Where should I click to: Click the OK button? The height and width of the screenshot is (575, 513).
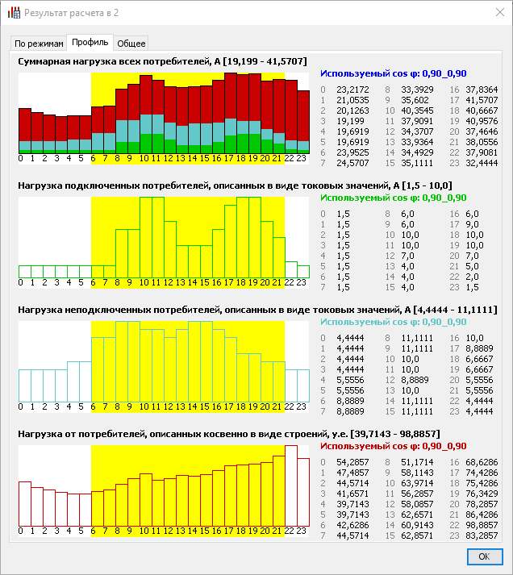point(485,556)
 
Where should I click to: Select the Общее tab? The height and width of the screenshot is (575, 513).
point(131,44)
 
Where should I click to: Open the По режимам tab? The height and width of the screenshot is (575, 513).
point(39,44)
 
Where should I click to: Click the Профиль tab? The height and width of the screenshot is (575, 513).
point(90,43)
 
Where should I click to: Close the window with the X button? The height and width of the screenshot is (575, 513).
point(500,12)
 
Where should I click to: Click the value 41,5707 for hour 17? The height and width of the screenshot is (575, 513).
point(482,100)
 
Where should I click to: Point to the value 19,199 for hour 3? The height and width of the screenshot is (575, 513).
point(350,121)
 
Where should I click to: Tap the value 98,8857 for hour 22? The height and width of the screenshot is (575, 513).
point(482,525)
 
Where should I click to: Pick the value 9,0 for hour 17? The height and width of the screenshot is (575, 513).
point(472,224)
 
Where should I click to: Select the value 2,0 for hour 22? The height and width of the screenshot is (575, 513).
point(472,277)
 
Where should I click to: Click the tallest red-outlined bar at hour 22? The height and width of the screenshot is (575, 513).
point(291,485)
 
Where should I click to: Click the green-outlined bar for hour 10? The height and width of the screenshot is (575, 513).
point(146,237)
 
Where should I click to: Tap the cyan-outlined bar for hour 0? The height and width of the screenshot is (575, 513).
point(25,385)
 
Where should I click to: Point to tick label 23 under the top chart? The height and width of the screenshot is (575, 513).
point(301,158)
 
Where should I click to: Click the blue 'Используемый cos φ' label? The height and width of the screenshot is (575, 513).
point(394,73)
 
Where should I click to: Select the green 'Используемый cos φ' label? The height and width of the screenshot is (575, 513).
point(394,198)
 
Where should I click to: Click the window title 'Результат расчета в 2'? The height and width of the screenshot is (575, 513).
point(71,13)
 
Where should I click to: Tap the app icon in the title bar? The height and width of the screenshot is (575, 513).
point(14,12)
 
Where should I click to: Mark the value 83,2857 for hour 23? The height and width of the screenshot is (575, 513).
point(482,535)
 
